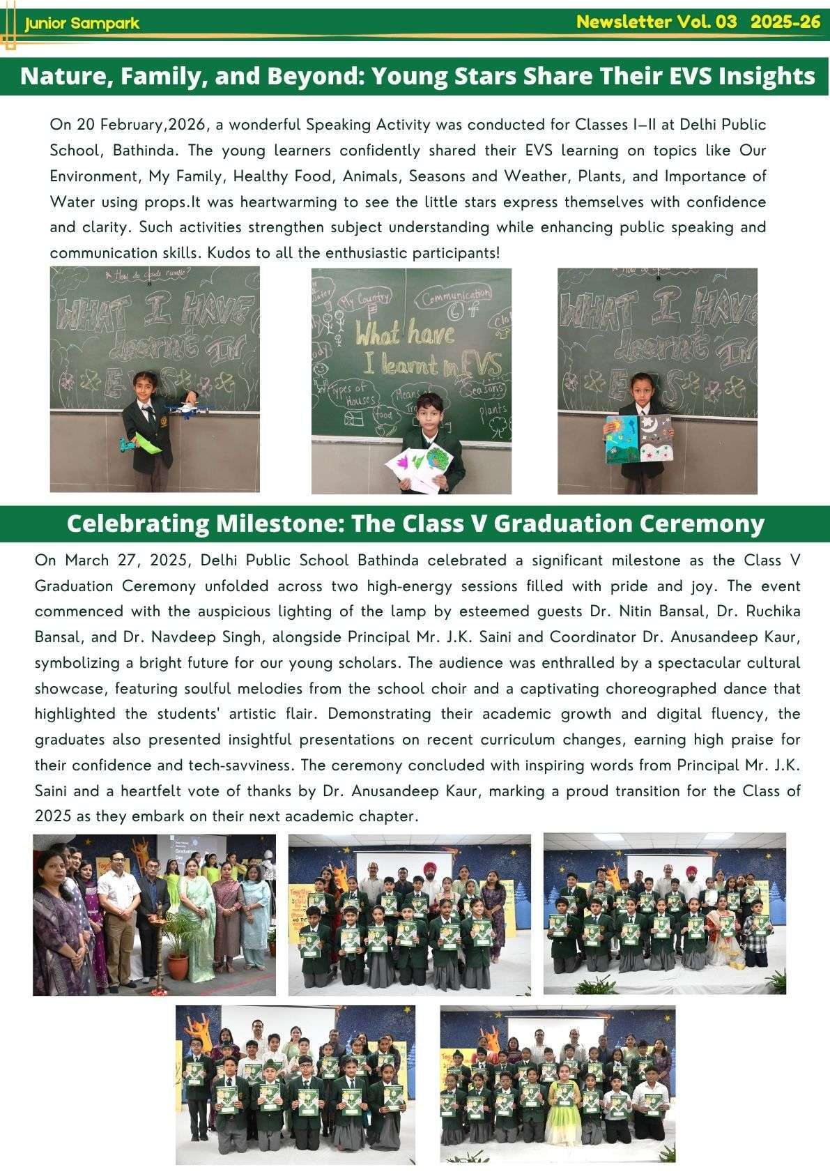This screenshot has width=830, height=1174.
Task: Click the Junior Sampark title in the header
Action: click(82, 24)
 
